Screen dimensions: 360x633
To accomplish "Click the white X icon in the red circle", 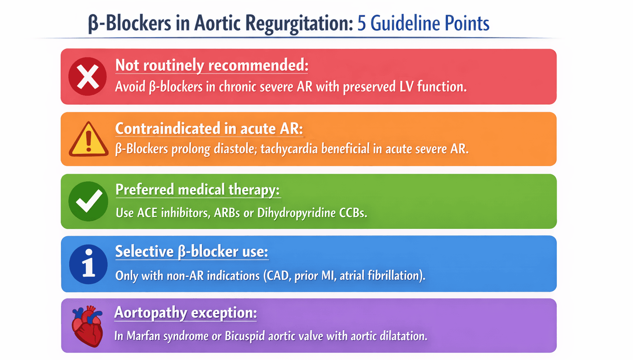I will (x=88, y=77).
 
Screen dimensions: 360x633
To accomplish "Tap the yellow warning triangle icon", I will (x=89, y=140).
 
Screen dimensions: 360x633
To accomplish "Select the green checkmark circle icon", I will (x=88, y=201).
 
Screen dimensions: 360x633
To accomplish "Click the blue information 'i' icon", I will (x=88, y=264).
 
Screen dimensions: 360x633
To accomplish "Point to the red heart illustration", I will (x=87, y=326).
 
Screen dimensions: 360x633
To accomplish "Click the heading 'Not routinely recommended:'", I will (x=211, y=65).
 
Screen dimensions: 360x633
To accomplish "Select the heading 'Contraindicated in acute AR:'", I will (x=209, y=128).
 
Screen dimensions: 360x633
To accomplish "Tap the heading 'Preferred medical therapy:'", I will (x=197, y=190).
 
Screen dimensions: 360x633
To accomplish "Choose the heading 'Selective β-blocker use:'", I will (x=192, y=251).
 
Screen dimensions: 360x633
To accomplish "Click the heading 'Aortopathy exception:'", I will (x=185, y=313).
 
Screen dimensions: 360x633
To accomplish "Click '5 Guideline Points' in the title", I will (x=423, y=23).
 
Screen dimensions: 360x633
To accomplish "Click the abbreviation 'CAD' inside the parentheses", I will (x=278, y=275).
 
